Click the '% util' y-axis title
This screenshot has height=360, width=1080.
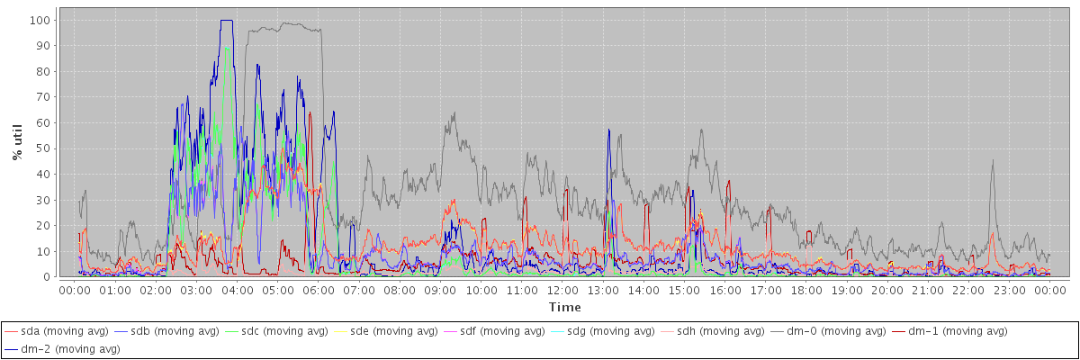[17, 142]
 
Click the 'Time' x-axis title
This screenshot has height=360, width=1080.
[564, 307]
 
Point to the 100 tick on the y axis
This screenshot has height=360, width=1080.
[42, 20]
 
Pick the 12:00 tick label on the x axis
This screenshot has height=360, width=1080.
[562, 291]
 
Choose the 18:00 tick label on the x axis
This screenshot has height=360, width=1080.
[806, 291]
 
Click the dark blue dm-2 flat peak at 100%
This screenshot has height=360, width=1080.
[226, 21]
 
